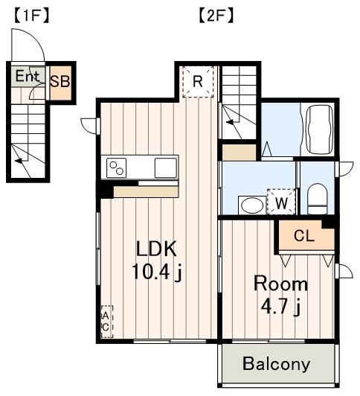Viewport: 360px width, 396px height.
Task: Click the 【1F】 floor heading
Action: [x=31, y=16]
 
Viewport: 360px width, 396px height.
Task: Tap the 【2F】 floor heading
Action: [x=216, y=16]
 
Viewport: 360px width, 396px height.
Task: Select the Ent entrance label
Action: [x=28, y=76]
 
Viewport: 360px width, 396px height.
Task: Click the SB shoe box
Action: [x=60, y=82]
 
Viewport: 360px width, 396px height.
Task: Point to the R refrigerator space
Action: [x=198, y=82]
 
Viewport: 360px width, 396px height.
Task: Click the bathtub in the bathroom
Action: [x=319, y=130]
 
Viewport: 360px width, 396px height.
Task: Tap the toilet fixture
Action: [x=318, y=199]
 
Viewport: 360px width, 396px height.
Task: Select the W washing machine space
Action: [x=281, y=202]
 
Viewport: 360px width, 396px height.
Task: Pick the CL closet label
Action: [x=304, y=236]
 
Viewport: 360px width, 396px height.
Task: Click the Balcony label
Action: [x=276, y=364]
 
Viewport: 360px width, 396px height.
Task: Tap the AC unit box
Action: [x=106, y=322]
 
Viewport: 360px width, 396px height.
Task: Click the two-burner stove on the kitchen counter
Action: [x=116, y=167]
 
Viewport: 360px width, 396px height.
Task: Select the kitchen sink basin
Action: [x=166, y=167]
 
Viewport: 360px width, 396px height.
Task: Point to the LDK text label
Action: [x=156, y=249]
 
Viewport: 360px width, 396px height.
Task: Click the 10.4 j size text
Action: [x=157, y=272]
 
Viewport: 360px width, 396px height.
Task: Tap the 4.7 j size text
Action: [x=280, y=307]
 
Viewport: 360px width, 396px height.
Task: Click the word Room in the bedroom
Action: [x=280, y=284]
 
